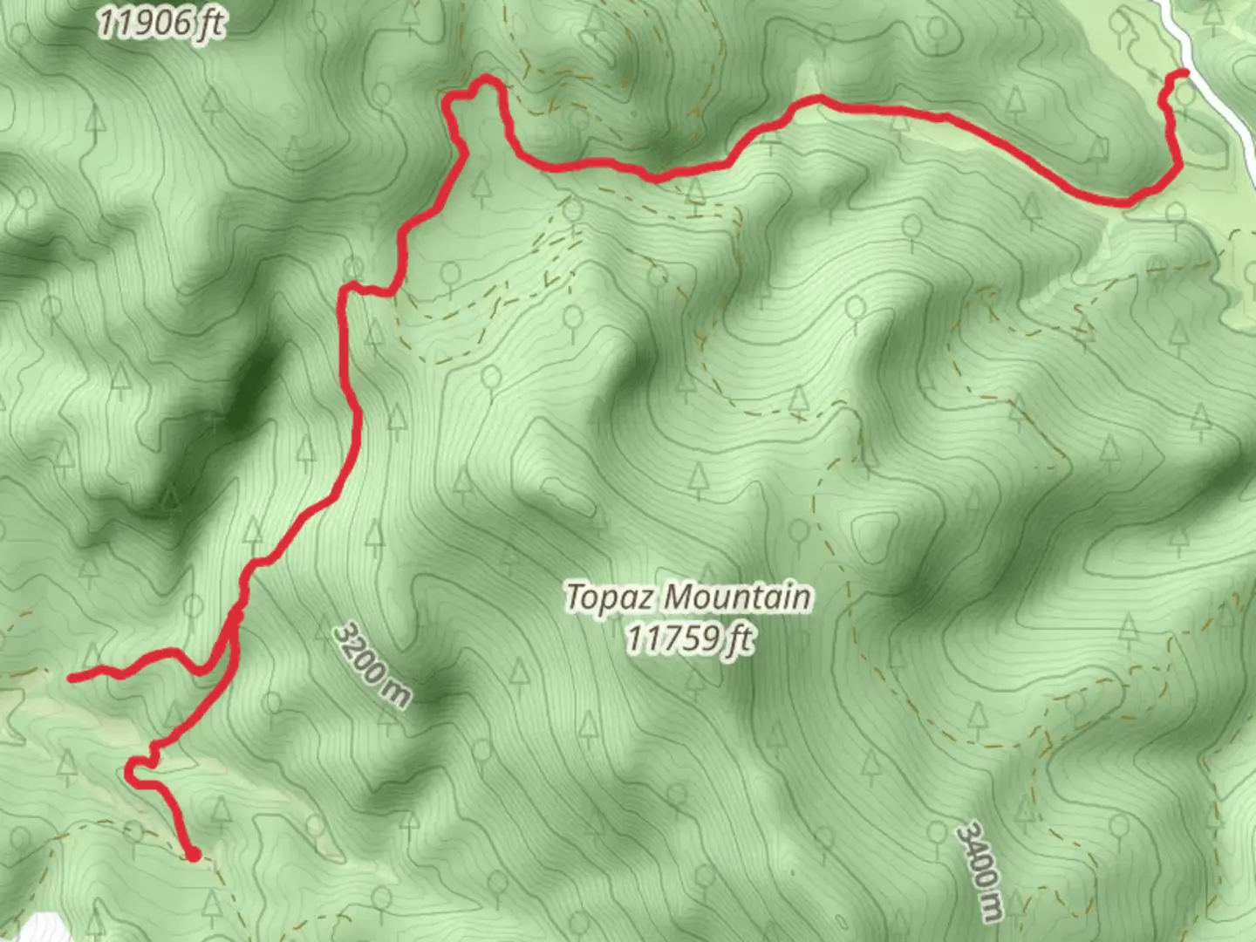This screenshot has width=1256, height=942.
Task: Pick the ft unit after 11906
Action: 209,24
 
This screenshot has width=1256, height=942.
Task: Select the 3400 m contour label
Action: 980,870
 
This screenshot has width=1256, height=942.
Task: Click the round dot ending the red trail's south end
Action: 193,855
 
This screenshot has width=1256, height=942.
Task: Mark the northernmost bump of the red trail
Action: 485,80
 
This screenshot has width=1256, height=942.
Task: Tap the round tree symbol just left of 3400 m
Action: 937,830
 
